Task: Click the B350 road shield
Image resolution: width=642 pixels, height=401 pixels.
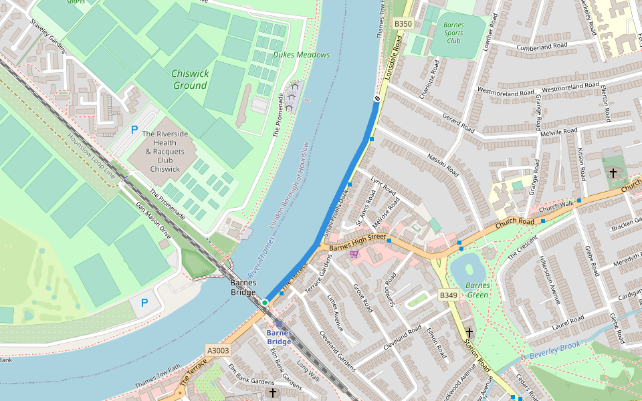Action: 403,23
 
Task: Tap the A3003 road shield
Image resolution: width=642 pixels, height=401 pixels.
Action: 218,350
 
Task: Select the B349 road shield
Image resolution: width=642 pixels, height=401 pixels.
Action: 448,295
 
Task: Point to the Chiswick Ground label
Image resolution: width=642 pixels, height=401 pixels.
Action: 190,80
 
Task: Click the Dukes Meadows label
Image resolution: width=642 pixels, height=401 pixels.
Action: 301,55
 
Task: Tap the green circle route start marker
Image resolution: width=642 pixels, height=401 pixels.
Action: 265,303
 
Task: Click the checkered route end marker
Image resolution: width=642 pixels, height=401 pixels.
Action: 377,99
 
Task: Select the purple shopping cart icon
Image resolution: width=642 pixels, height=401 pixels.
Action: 353,253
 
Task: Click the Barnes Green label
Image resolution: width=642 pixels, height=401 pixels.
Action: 477,289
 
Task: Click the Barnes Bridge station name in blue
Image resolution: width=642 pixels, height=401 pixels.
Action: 279,337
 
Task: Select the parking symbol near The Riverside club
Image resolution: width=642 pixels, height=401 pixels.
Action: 134,129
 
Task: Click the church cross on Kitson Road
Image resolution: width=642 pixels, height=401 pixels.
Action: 613,172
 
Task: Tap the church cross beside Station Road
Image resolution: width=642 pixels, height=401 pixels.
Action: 469,332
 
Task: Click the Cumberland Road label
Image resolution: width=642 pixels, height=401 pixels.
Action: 542,46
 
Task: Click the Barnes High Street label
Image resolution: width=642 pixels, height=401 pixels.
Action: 357,241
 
